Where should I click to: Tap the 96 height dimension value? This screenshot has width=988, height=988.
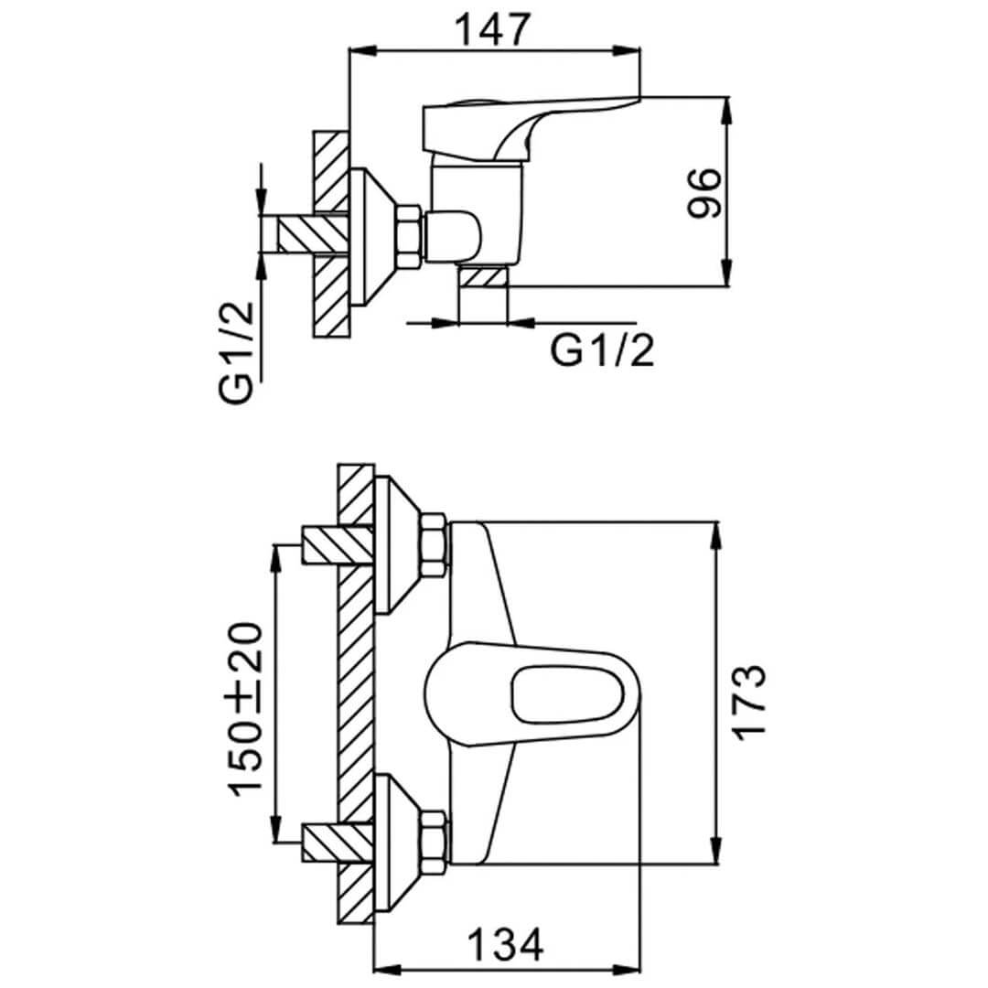click(x=703, y=192)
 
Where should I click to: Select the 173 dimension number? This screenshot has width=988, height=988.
click(x=748, y=703)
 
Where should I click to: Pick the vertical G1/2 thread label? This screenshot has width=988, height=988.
click(x=236, y=352)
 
